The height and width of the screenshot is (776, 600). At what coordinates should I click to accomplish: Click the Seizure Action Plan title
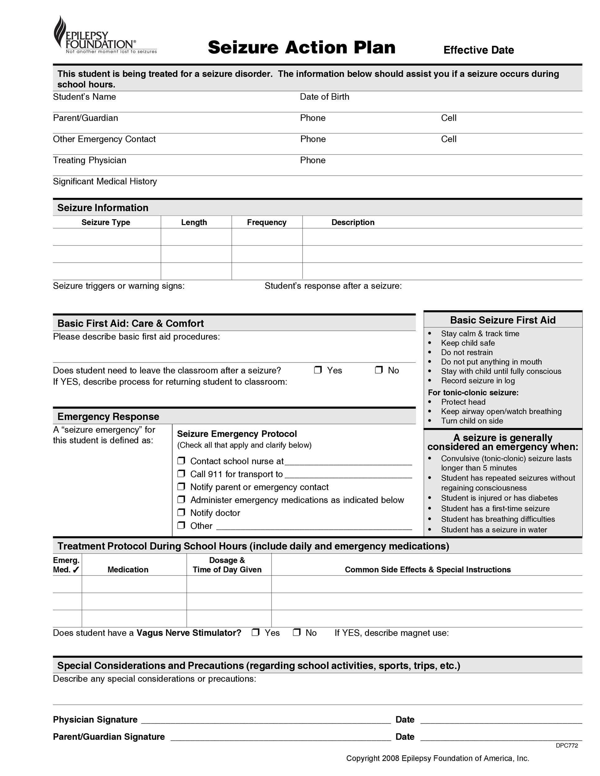302,47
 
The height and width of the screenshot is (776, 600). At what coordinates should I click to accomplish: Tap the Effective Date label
479,50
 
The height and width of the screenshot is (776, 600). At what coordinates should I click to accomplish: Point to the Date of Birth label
324,97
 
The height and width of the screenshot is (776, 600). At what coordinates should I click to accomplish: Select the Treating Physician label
89,160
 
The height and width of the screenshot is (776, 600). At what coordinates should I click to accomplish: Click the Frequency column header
266,223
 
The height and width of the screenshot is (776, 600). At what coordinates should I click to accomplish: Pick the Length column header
194,223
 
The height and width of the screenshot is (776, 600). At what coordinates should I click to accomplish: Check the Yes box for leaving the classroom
318,370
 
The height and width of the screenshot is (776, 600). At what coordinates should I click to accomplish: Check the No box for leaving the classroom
379,370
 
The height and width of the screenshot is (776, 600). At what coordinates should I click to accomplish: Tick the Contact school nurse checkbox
181,461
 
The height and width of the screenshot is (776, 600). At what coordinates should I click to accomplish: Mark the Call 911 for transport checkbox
181,474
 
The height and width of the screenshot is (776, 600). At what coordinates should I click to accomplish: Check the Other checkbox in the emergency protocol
181,525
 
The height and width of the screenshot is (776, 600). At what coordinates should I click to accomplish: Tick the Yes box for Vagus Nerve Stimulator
255,632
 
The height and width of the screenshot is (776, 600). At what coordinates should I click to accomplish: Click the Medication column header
128,570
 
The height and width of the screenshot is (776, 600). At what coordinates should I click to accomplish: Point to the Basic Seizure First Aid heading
502,320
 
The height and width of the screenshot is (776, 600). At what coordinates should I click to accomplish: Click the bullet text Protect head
463,402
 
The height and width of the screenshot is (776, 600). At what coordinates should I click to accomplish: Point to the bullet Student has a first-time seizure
495,508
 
